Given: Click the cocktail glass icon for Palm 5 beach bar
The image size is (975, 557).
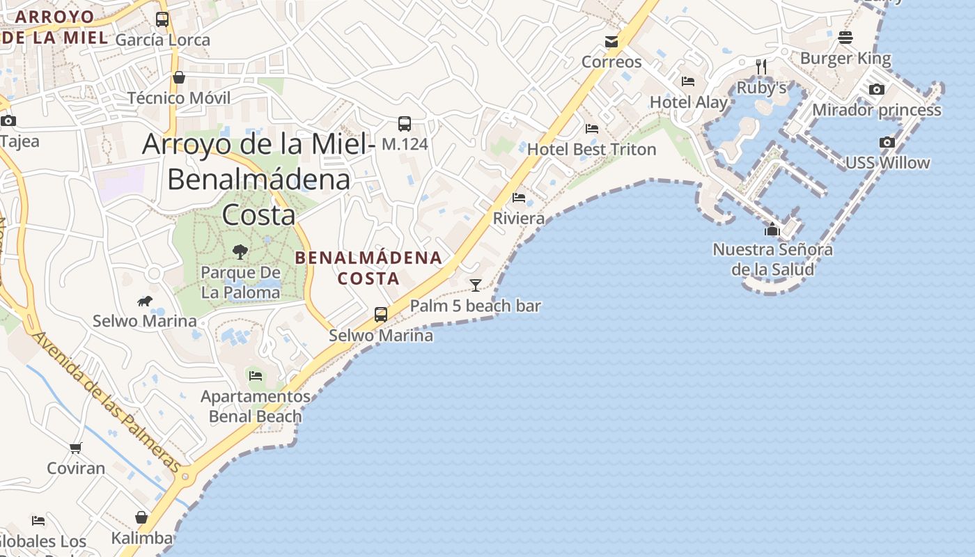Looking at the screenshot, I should pyautogui.click(x=476, y=285).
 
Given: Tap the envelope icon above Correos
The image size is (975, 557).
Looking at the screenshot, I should pyautogui.click(x=611, y=42).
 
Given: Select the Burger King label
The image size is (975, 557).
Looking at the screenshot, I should pyautogui.click(x=845, y=58).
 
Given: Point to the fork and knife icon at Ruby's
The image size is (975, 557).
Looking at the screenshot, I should pyautogui.click(x=761, y=67).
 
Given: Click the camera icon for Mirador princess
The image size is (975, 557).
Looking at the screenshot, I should pyautogui.click(x=877, y=89).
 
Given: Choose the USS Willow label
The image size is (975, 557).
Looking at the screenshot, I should pyautogui.click(x=887, y=163).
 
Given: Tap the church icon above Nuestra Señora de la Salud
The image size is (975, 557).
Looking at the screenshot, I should pyautogui.click(x=772, y=229).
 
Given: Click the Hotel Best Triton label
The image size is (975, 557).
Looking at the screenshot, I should pyautogui.click(x=591, y=149).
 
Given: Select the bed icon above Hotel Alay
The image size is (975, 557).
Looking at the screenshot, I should pyautogui.click(x=688, y=81).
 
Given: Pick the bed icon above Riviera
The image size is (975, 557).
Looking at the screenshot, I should pyautogui.click(x=519, y=198).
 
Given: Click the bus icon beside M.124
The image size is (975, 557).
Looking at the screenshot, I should pyautogui.click(x=405, y=124).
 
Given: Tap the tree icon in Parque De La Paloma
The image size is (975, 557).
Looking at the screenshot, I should pyautogui.click(x=240, y=251).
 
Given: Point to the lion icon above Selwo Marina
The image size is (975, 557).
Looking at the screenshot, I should pyautogui.click(x=145, y=301).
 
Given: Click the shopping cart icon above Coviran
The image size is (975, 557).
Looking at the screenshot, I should pyautogui.click(x=76, y=448).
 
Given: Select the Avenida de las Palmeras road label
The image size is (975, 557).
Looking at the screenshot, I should pyautogui.click(x=107, y=402).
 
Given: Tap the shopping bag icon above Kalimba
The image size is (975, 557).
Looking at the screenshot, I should pyautogui.click(x=141, y=517).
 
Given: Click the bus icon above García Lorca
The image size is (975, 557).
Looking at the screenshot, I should pyautogui.click(x=162, y=19).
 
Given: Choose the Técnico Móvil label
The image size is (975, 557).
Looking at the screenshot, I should pyautogui.click(x=178, y=98).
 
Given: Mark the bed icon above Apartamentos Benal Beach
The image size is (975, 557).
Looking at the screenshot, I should pyautogui.click(x=256, y=376).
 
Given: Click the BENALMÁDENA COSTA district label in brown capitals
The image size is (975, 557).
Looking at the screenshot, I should pyautogui.click(x=368, y=268).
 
